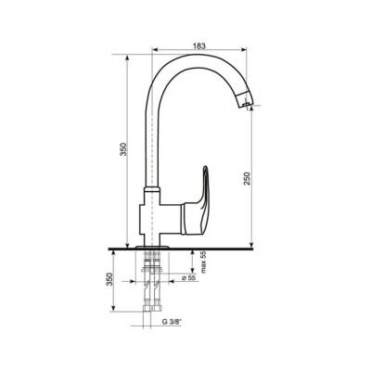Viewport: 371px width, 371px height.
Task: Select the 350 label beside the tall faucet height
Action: pos(122,152)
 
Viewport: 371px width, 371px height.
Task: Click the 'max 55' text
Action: pos(203,262)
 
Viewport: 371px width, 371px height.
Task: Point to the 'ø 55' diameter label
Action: pos(188,277)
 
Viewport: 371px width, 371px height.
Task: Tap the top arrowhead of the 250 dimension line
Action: pos(253,105)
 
